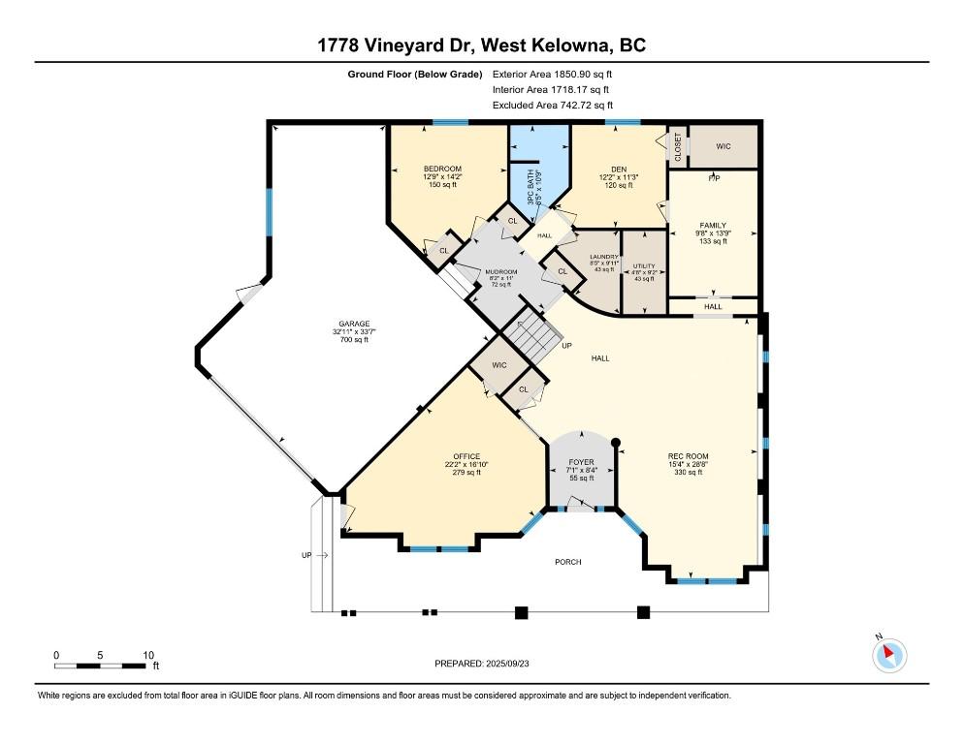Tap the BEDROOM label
coord(442,169)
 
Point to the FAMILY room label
coord(713,225)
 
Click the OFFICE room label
coord(466,456)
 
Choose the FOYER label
coord(580,462)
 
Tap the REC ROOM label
coord(688,456)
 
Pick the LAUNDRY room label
coord(604,257)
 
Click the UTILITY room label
coord(644,265)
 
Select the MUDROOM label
coord(501,271)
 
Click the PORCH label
coord(567,562)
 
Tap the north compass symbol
coord(888,655)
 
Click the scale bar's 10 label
coord(147,655)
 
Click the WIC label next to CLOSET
coord(723,147)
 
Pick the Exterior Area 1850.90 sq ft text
coord(553,73)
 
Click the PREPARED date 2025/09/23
coord(482,664)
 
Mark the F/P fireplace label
coord(713,179)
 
